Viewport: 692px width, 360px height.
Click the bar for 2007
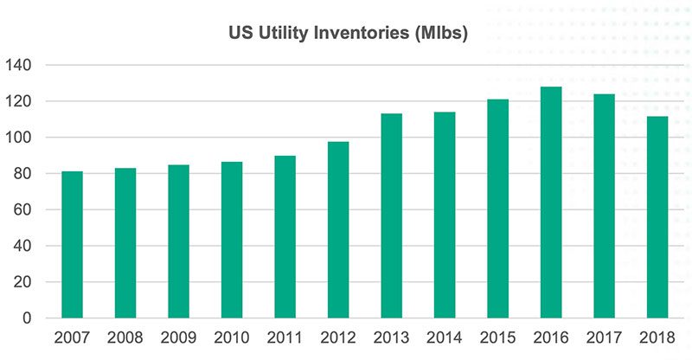point(72,244)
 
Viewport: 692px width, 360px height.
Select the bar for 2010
point(232,240)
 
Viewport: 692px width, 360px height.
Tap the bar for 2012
point(338,229)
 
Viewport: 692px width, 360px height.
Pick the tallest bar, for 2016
point(551,202)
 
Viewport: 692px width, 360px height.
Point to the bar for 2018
point(657,217)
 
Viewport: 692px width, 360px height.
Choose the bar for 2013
point(392,215)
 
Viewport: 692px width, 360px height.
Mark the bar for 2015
point(498,209)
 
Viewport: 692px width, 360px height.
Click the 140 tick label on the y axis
point(18,66)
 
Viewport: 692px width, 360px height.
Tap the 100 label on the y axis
point(18,138)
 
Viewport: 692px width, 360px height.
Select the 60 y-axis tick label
point(22,209)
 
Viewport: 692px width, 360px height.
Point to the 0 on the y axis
point(27,318)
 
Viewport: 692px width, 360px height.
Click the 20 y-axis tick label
point(22,282)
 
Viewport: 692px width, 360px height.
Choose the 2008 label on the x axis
point(125,337)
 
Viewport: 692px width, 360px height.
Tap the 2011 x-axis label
point(285,337)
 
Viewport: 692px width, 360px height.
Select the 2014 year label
point(445,337)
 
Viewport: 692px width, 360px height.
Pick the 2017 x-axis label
point(604,337)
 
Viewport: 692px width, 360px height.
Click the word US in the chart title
point(240,33)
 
